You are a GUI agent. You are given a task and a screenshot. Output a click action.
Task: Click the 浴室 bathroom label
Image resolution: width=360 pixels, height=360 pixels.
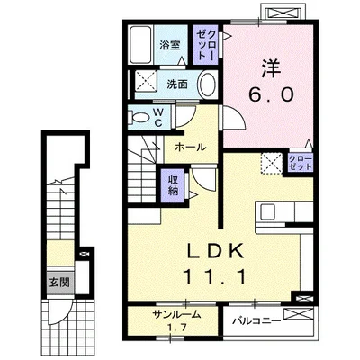(170, 45)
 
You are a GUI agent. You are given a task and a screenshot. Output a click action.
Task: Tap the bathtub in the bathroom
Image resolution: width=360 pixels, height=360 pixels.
(140, 45)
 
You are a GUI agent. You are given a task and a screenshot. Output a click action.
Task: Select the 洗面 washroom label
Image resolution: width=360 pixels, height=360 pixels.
(177, 85)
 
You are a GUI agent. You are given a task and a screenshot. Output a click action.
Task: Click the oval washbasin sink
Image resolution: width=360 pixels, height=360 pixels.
(208, 84)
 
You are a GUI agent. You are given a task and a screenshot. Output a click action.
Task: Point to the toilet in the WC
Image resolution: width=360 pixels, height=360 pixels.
(138, 117)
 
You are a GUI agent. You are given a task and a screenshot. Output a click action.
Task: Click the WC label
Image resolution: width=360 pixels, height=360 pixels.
(158, 117)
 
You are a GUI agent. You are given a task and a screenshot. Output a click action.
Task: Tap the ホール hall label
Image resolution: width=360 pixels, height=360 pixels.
(191, 148)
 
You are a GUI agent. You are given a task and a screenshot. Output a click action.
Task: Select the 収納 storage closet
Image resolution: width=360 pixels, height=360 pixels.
(173, 185)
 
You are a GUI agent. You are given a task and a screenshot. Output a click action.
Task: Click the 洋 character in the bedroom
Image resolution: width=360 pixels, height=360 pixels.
(273, 68)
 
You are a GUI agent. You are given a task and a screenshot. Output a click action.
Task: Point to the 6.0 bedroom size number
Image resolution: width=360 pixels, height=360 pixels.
(270, 95)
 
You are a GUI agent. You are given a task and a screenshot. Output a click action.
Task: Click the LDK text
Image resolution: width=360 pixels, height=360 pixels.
(215, 251)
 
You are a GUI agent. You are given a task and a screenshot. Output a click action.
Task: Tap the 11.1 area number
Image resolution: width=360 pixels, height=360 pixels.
(215, 276)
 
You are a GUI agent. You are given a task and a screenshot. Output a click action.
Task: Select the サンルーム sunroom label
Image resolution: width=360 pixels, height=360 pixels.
(176, 315)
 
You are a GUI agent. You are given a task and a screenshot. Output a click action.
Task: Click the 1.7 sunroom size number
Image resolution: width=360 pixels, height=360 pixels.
(176, 327)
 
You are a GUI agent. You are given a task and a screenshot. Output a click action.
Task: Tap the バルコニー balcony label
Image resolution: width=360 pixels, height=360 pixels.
(257, 321)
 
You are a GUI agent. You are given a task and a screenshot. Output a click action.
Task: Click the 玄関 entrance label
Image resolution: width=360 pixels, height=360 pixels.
(59, 283)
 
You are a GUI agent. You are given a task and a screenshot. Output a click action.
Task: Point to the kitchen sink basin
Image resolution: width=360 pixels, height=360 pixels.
(266, 212)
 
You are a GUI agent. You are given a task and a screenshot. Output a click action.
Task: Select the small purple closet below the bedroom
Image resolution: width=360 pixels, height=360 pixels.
(301, 163)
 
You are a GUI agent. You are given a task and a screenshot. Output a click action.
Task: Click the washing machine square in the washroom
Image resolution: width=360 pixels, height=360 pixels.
(145, 81)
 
